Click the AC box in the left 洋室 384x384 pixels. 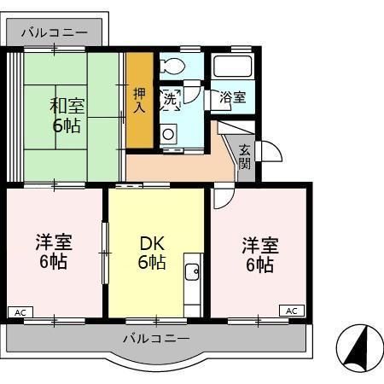point(19,311)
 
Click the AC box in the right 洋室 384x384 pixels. point(291,311)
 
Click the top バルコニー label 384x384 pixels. point(54,32)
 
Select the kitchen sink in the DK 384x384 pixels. point(192,272)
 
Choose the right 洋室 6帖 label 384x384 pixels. point(258,253)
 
